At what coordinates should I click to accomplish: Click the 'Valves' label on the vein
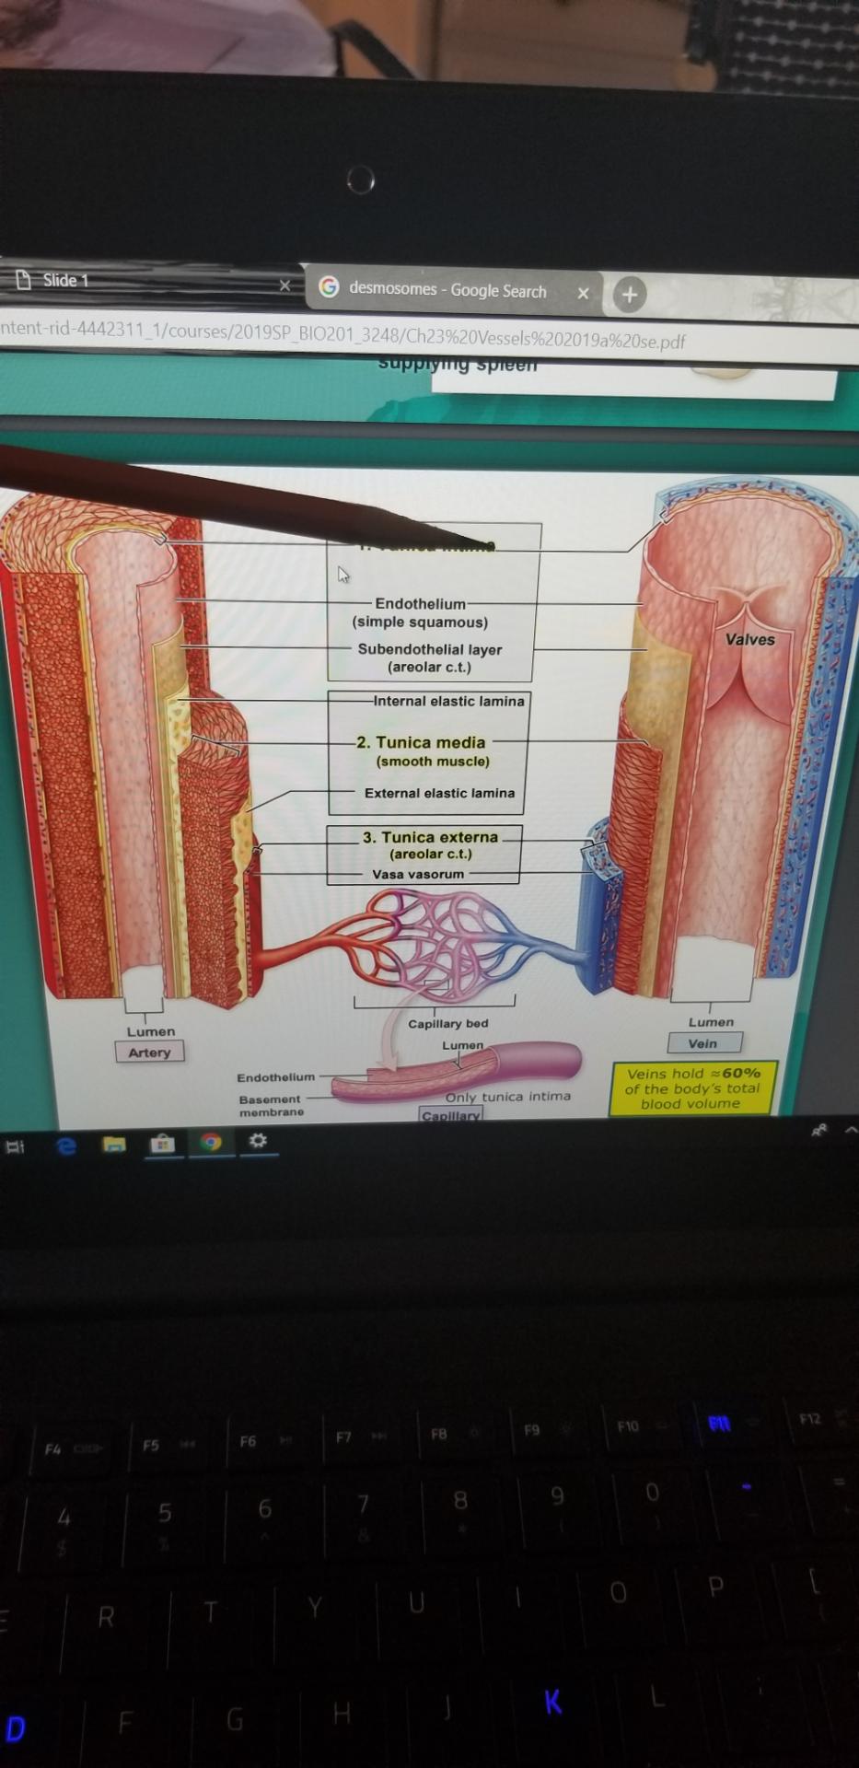(x=749, y=639)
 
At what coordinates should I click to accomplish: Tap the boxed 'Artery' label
(x=149, y=1052)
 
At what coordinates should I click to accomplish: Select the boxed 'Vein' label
(x=702, y=1043)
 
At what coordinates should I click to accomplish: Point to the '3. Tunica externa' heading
(x=430, y=837)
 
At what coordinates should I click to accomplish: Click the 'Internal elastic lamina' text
(x=448, y=701)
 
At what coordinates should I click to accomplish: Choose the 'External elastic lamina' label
(x=439, y=793)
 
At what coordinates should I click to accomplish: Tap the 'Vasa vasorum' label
(x=418, y=874)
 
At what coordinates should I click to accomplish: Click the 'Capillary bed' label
(x=448, y=1023)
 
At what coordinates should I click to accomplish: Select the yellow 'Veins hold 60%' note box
(x=692, y=1088)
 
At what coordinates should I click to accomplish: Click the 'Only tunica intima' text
(x=508, y=1097)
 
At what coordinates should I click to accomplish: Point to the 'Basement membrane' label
(x=271, y=1105)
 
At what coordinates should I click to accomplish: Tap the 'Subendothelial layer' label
(x=430, y=649)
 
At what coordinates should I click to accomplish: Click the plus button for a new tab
(x=630, y=295)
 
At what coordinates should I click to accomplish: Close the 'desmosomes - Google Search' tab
(x=583, y=294)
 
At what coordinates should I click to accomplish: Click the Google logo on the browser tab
(x=329, y=287)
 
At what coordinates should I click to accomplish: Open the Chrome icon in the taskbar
(x=211, y=1143)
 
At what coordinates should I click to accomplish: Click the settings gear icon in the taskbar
(x=259, y=1142)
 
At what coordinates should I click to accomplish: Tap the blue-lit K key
(x=552, y=1702)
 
